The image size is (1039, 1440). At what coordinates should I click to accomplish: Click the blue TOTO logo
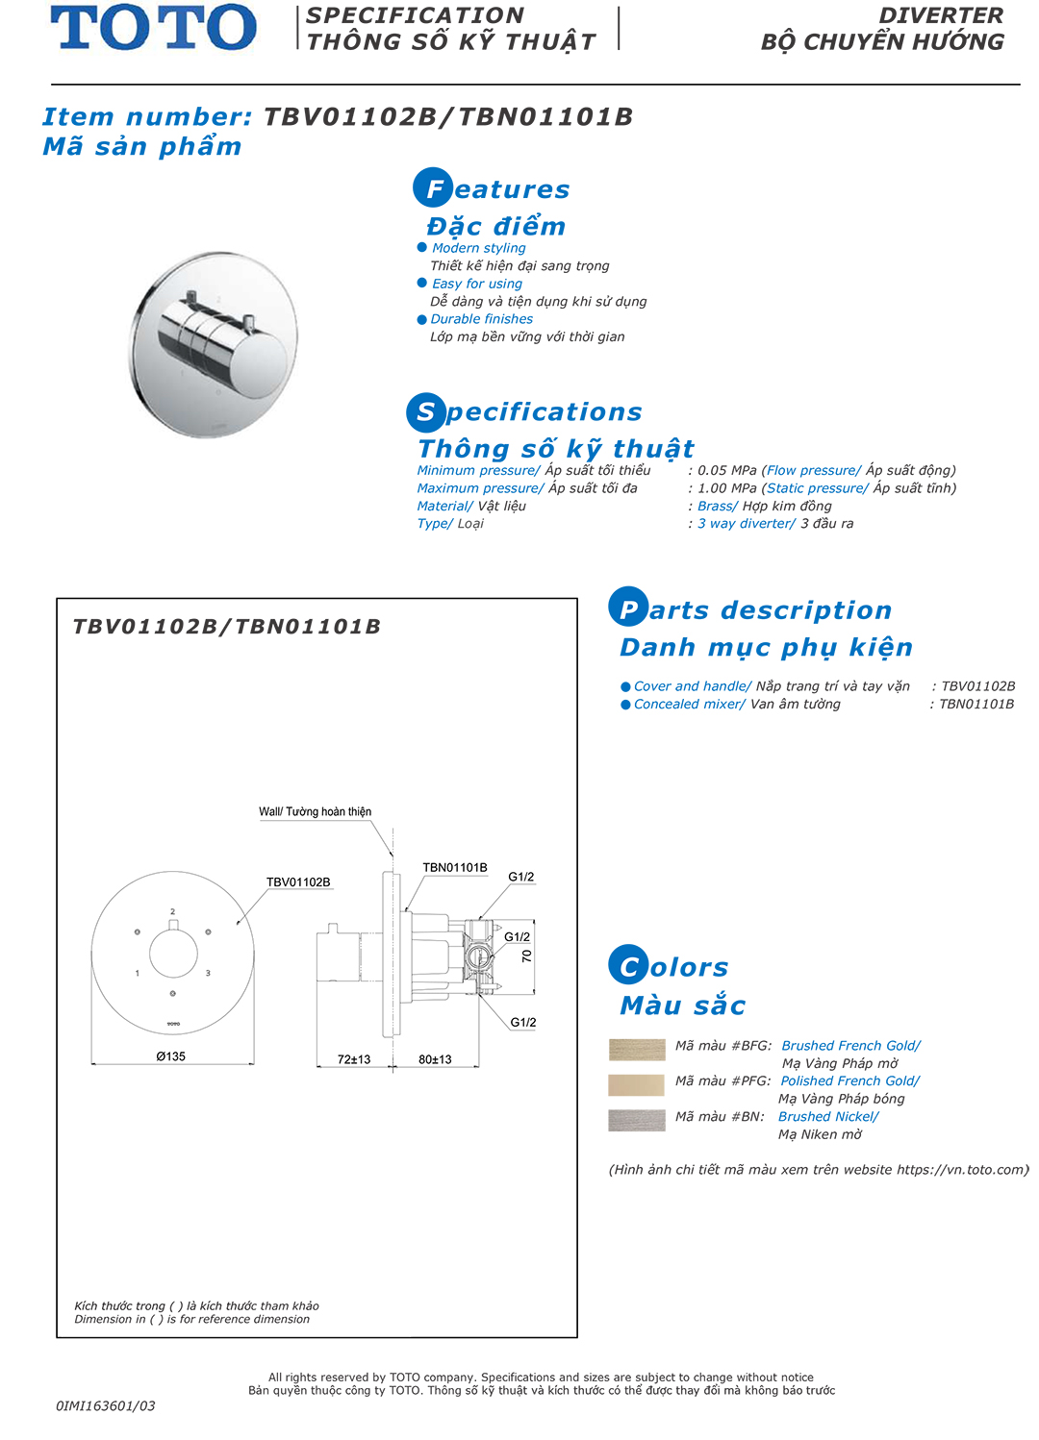(x=154, y=27)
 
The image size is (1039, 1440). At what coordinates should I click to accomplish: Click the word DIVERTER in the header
(x=941, y=15)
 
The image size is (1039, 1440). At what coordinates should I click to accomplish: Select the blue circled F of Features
(x=433, y=188)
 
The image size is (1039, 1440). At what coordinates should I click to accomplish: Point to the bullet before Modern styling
(x=421, y=247)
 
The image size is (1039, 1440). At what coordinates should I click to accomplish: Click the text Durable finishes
(x=481, y=319)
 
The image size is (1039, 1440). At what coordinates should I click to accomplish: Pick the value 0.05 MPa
(x=727, y=470)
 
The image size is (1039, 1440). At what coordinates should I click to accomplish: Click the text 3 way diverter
(x=747, y=524)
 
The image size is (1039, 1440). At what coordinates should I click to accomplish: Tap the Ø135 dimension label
(x=171, y=1056)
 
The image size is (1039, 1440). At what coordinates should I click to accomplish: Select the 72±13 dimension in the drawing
(x=354, y=1059)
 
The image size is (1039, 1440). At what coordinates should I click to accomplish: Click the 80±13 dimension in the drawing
(x=435, y=1059)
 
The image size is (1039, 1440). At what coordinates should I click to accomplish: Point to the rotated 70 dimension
(x=526, y=956)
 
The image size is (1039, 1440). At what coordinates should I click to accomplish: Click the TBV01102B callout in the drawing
(x=298, y=881)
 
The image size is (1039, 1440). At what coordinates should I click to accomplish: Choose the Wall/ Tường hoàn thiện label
(x=315, y=811)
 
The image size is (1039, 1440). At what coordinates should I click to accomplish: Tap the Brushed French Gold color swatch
(x=637, y=1050)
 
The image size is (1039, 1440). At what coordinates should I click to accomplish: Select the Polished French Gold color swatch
(x=637, y=1085)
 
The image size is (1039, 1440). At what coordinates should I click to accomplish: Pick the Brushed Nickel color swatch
(x=637, y=1121)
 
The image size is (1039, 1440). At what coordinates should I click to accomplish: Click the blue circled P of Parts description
(x=628, y=608)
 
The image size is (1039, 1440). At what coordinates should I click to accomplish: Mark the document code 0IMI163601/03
(x=106, y=1405)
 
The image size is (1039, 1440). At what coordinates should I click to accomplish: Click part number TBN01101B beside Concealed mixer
(x=976, y=705)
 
